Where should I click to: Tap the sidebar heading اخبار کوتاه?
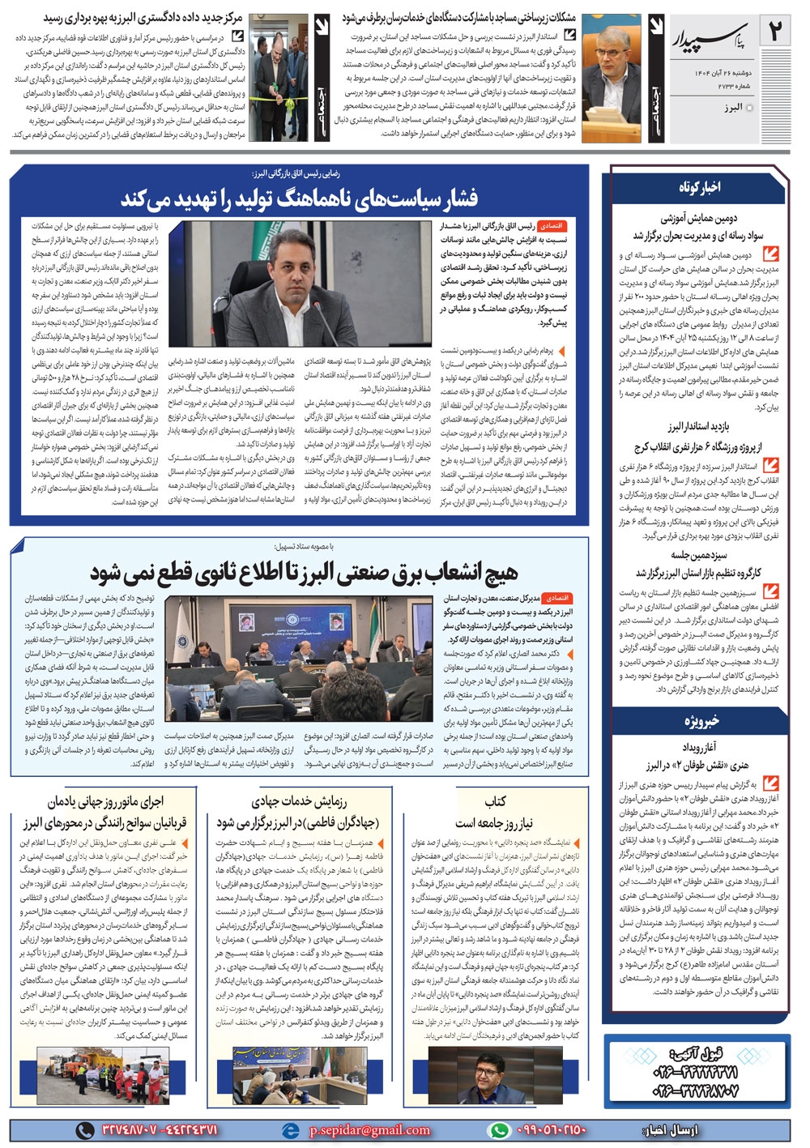click(700, 187)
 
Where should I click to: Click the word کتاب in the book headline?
click(496, 800)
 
